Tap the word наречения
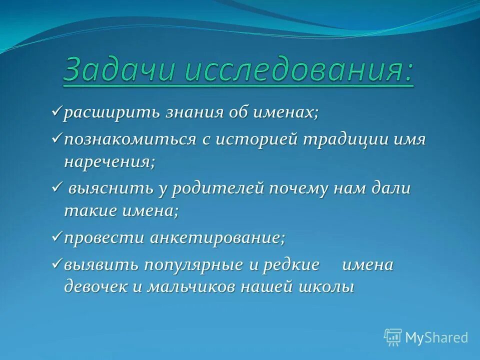109,162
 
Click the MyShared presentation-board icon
392,337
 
